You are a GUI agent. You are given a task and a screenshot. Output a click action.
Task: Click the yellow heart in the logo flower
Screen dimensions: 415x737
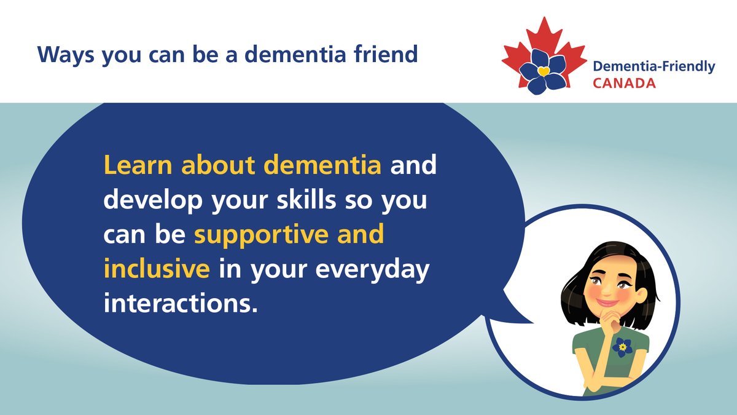tap(543, 71)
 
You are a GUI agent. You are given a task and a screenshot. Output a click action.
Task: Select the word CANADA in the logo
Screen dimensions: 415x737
tap(624, 82)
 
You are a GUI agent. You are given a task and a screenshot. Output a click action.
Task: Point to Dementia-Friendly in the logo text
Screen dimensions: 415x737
tap(653, 67)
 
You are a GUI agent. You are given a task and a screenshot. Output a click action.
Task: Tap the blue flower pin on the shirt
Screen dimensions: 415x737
tap(622, 347)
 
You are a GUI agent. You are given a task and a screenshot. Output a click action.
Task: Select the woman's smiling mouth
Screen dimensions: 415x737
tap(606, 302)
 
